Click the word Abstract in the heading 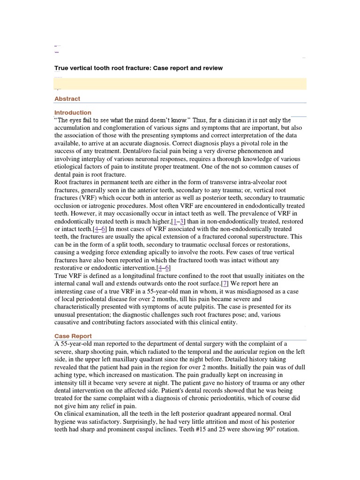pos(67,99)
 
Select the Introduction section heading pos(73,112)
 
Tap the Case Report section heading pos(73,336)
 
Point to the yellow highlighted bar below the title pos(180,83)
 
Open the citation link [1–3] pos(178,221)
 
